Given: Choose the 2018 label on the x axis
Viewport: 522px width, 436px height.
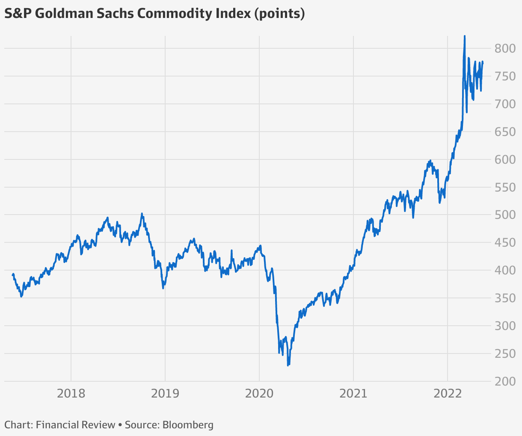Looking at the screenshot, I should pos(71,393).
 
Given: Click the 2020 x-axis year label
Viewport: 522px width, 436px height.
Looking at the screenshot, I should pos(259,393).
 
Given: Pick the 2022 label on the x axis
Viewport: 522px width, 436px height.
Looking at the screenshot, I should pos(448,393).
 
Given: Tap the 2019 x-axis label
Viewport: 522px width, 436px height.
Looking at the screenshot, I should pos(165,393).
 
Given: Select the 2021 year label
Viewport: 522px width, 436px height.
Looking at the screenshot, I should pos(353,393).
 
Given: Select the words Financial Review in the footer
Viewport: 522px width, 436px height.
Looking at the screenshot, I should pos(76,425).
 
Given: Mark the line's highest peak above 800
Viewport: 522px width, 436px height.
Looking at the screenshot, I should pos(465,36).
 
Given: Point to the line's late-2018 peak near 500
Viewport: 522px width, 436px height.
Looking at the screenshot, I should pos(142,214).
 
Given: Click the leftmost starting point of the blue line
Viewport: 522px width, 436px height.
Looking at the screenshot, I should pos(12,275).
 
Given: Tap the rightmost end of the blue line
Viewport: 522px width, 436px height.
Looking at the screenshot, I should pos(483,62).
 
